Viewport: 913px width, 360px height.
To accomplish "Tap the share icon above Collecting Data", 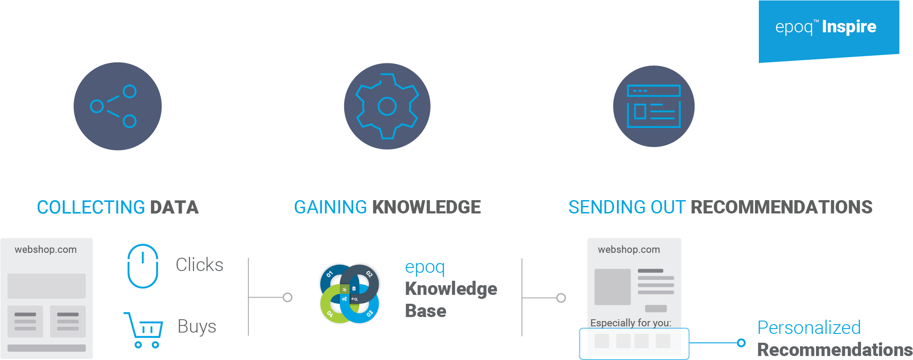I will coord(117,106).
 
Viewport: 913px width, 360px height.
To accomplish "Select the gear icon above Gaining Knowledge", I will coord(387,106).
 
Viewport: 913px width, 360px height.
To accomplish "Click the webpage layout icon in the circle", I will coord(653,106).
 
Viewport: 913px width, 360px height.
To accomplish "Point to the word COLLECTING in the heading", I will coord(91,207).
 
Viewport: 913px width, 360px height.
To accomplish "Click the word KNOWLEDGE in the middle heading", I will coord(426,207).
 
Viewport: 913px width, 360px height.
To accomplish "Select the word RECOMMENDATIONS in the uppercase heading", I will coord(781,207).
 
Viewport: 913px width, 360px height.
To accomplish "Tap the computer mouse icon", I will coord(143,266).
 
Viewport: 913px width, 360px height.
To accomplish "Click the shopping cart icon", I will coord(144,330).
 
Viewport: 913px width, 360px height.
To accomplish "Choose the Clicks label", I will coord(199,265).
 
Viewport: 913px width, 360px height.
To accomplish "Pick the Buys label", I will coord(197,327).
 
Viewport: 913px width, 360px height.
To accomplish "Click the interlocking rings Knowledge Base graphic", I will coord(350,294).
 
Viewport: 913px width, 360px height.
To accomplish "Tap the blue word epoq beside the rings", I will coord(425,267).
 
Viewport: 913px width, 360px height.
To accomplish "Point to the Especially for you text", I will coord(630,323).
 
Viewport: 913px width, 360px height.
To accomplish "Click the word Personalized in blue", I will coord(809,328).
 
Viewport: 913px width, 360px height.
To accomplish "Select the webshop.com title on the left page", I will coord(46,250).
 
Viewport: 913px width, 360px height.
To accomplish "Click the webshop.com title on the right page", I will coord(629,250).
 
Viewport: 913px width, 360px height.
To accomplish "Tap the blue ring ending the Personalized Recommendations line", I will coord(741,343).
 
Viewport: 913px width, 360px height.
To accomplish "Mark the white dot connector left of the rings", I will coord(287,298).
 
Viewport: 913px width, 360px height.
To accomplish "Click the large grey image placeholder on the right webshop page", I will coord(612,287).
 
